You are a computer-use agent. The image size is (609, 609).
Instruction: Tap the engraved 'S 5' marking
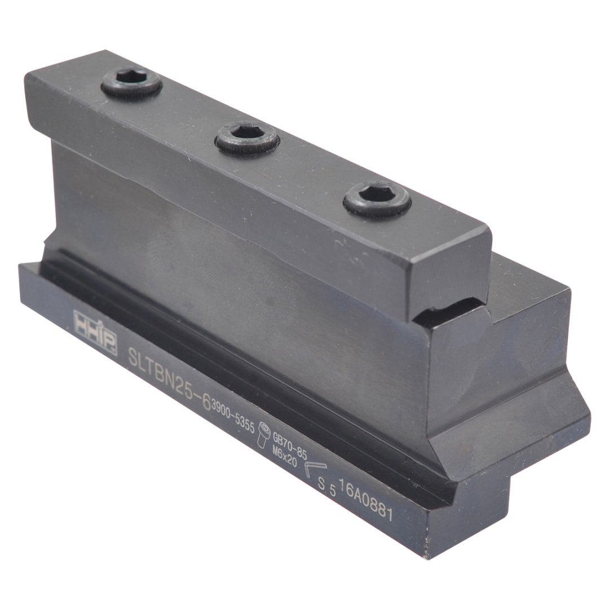click(x=327, y=487)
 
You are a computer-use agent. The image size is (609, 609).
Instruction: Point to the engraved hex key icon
click(x=311, y=469)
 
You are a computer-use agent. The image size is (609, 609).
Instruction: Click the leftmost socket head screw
click(x=132, y=86)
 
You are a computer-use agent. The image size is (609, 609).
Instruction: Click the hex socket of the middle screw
click(x=248, y=134)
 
